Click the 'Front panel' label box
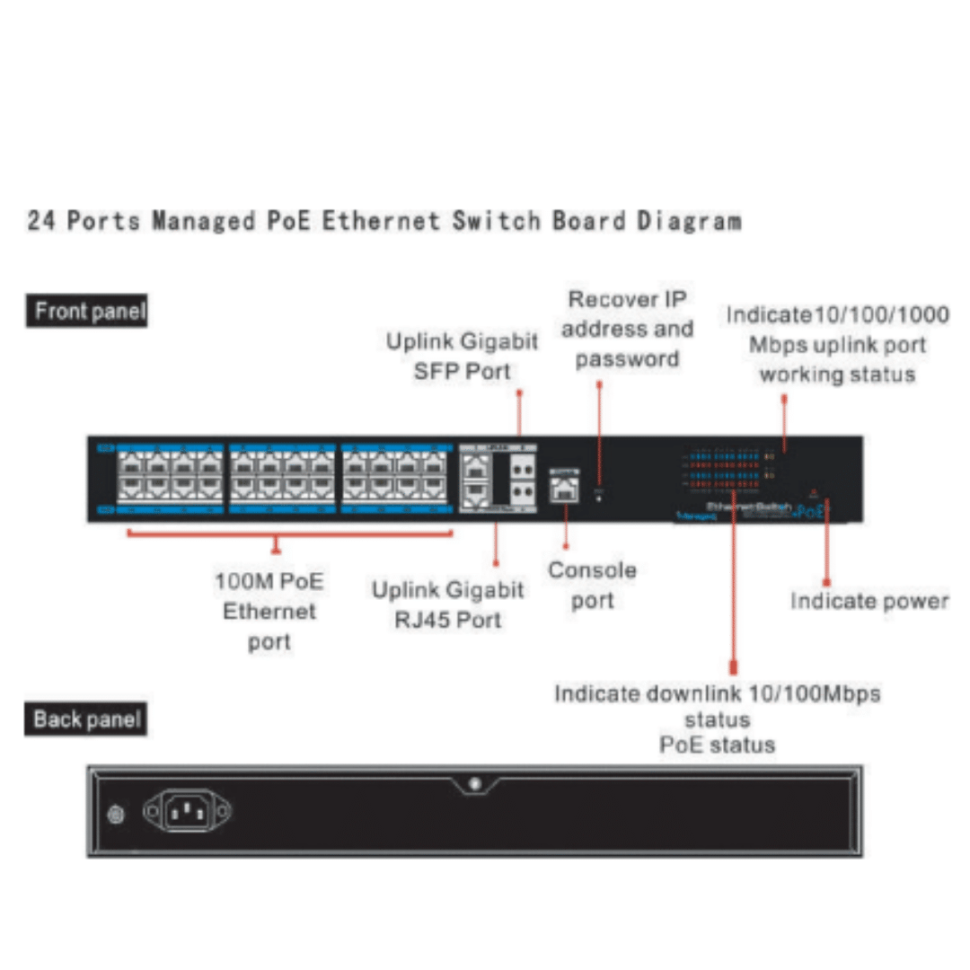(86, 312)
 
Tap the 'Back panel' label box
(85, 719)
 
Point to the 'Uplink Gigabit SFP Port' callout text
(462, 356)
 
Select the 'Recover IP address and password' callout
(627, 329)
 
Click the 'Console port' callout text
(592, 585)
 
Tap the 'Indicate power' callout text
(869, 600)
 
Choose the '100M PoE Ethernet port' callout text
(269, 611)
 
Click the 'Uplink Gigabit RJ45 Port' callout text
(447, 604)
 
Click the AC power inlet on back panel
(187, 812)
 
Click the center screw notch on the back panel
(475, 785)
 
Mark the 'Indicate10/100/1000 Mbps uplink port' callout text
(837, 344)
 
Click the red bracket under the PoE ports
(289, 534)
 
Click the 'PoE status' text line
(717, 745)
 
